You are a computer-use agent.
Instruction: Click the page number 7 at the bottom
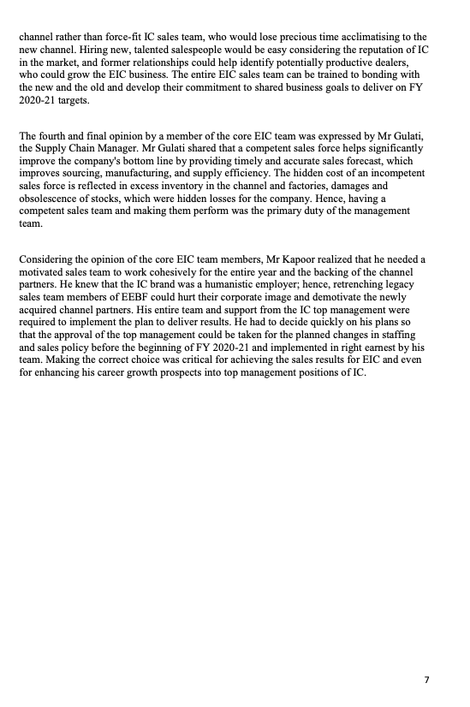(x=426, y=680)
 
